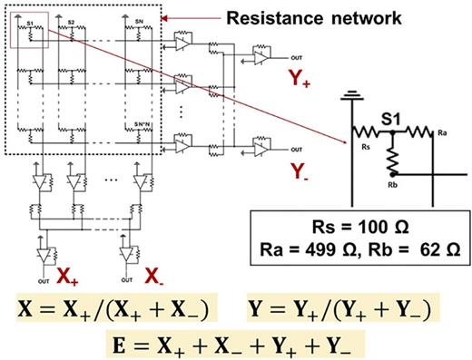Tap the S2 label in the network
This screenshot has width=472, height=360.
point(71,20)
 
